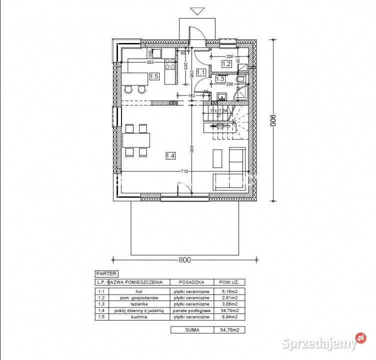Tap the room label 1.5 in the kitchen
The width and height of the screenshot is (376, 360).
click(x=154, y=76)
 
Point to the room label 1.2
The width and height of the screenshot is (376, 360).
click(x=226, y=64)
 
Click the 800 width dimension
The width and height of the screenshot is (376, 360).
click(x=185, y=260)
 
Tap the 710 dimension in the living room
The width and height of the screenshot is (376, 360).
click(x=184, y=171)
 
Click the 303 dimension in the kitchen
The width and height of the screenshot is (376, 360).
click(x=149, y=63)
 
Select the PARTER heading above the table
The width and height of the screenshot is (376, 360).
click(x=106, y=273)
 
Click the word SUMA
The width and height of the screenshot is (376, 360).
click(x=191, y=330)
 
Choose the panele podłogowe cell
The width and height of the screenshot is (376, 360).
click(x=191, y=310)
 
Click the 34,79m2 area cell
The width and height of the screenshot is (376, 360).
click(x=228, y=310)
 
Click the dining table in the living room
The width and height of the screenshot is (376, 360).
click(x=136, y=139)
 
